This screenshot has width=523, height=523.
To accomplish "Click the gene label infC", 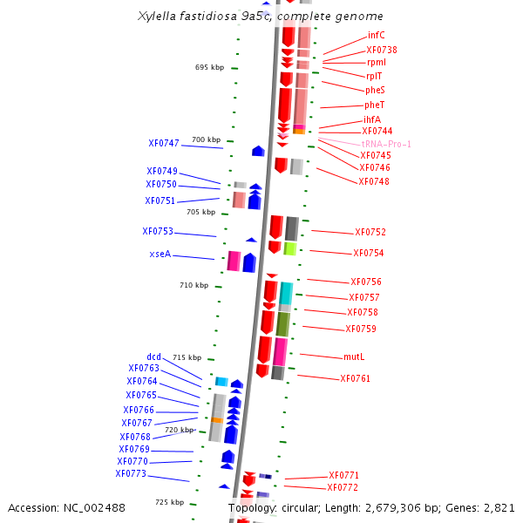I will [x=377, y=35].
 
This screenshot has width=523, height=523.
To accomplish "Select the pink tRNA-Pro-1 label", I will [x=386, y=144].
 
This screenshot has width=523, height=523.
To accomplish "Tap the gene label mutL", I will [x=354, y=357].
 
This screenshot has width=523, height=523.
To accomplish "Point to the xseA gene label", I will [x=160, y=255].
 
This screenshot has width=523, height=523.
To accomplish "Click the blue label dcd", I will [x=153, y=357].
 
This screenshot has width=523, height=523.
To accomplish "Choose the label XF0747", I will [x=164, y=143].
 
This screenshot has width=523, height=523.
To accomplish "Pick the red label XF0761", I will [x=356, y=378].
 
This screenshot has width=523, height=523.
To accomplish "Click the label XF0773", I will [x=131, y=474].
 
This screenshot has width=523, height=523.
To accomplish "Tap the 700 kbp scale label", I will [x=207, y=139].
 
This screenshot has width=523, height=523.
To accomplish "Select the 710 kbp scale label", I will [x=194, y=285].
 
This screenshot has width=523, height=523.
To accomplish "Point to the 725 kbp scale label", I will [x=170, y=502].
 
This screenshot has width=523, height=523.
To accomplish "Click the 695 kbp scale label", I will [x=209, y=67].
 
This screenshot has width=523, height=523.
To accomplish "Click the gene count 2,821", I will [x=497, y=507].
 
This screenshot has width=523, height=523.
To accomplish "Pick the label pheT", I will [x=375, y=105].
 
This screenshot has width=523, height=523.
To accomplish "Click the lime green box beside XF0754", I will [x=290, y=248].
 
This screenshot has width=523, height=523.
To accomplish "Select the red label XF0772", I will [x=343, y=487].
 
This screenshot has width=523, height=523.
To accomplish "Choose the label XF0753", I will [x=158, y=231].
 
